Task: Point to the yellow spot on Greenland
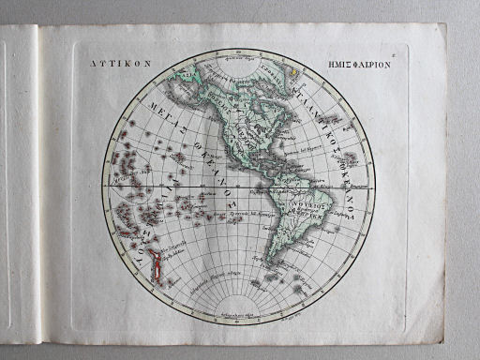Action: (292, 68)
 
